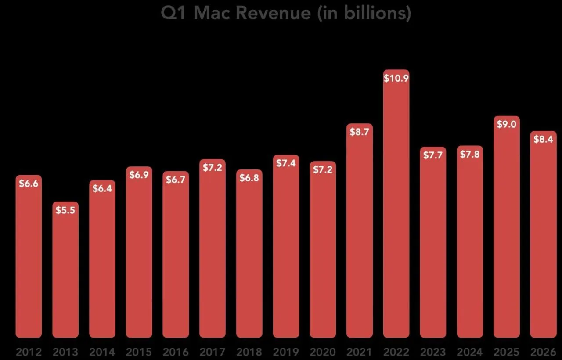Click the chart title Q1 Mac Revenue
click(x=286, y=13)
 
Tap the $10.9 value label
click(x=396, y=78)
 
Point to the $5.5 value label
click(x=65, y=210)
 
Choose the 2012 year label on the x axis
click(x=29, y=352)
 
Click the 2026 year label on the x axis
click(x=543, y=352)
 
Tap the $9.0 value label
click(x=506, y=125)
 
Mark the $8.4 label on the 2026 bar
click(x=543, y=140)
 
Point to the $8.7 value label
click(x=359, y=132)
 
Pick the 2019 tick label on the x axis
click(x=286, y=352)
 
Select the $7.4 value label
click(x=286, y=163)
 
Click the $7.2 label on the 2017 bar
click(x=213, y=168)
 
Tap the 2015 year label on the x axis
click(x=139, y=352)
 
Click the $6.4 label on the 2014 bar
click(x=102, y=189)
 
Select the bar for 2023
click(x=433, y=246)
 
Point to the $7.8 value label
click(x=470, y=154)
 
